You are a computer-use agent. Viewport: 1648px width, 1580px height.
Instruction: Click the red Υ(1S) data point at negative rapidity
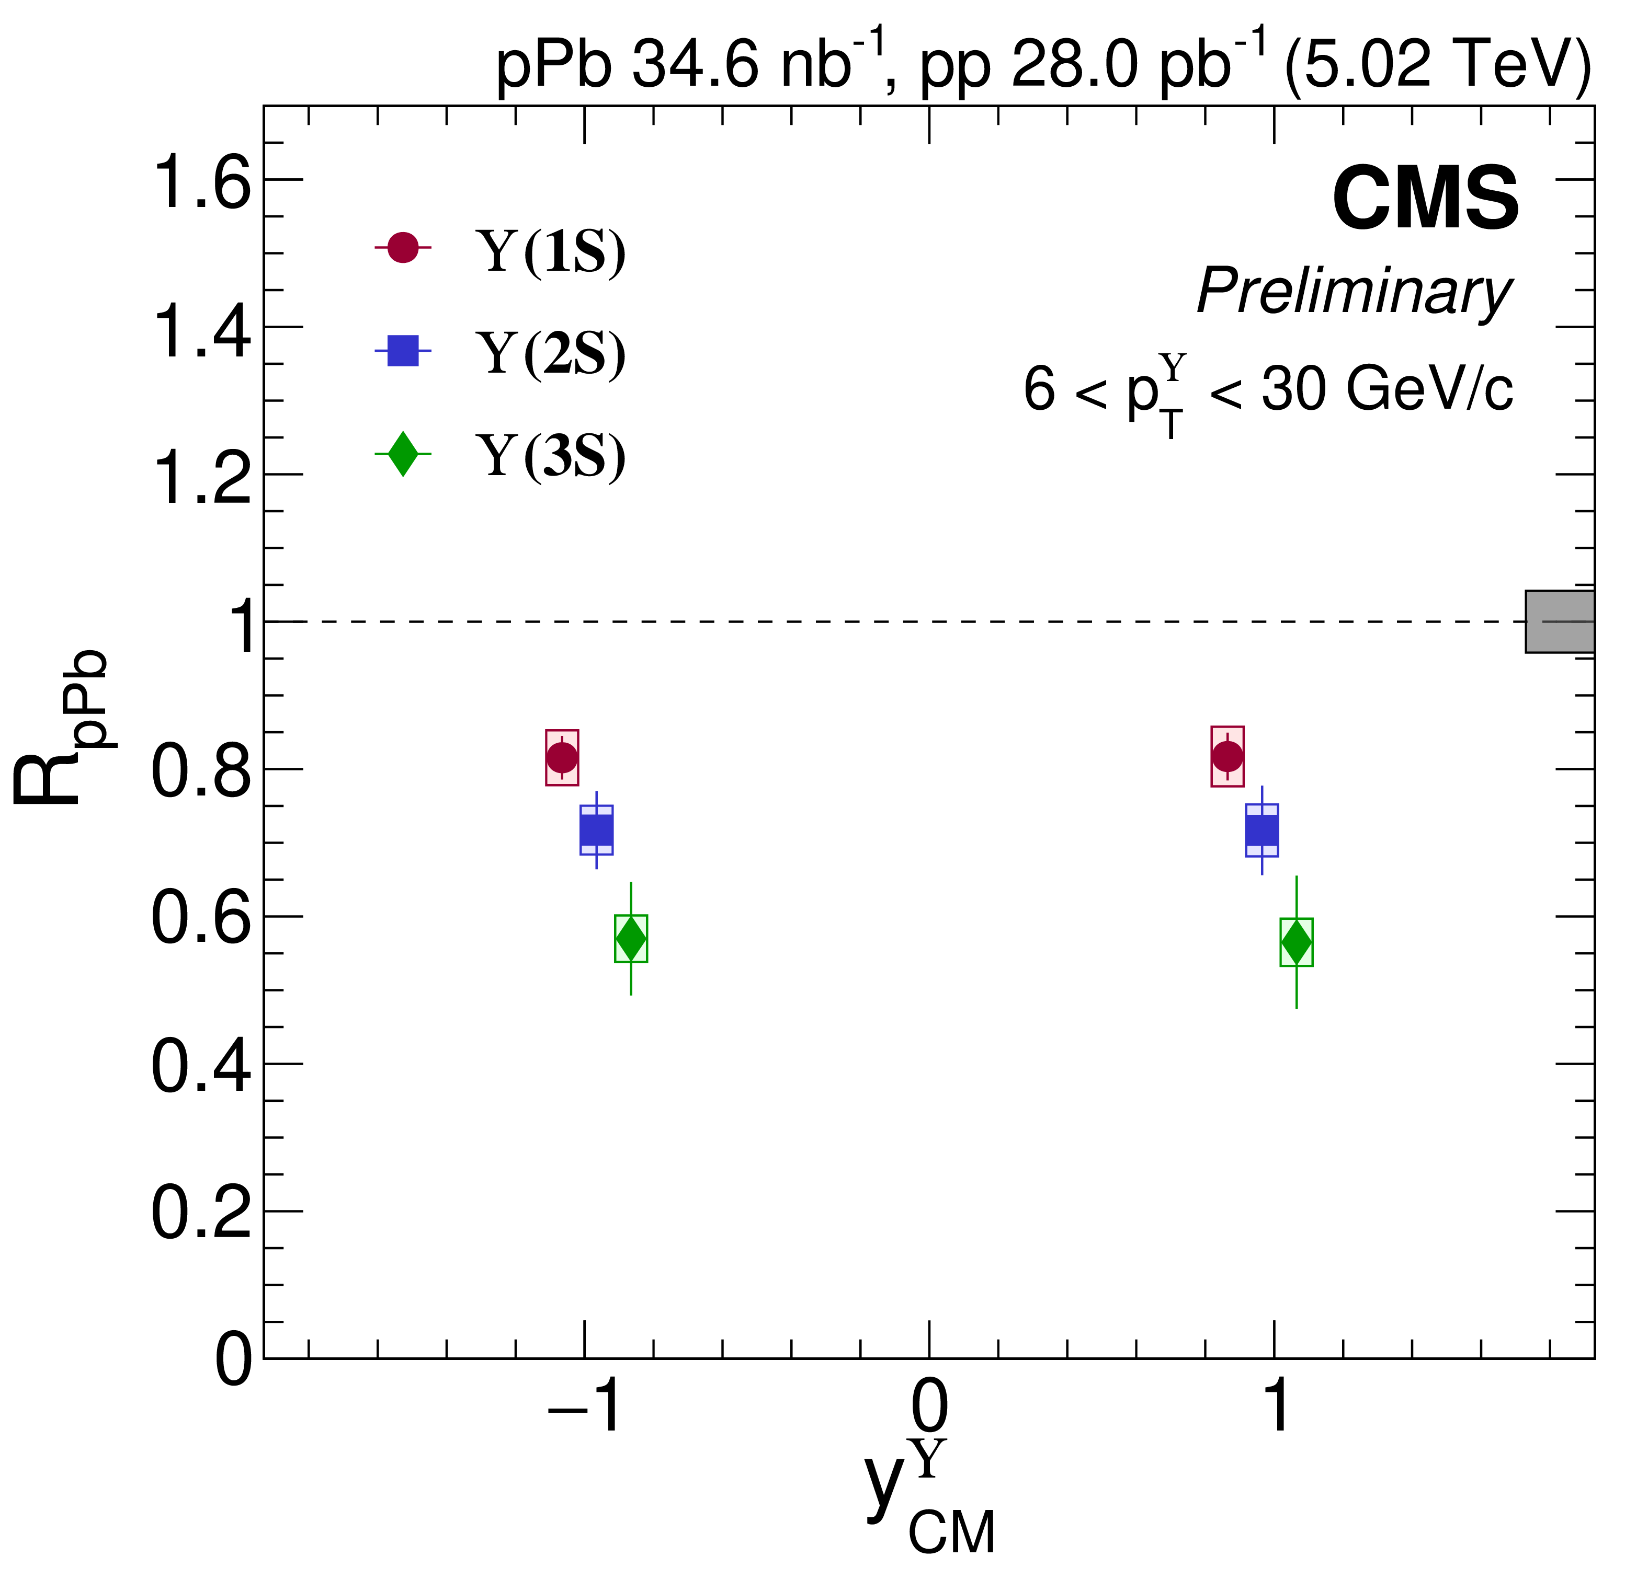pyautogui.click(x=562, y=757)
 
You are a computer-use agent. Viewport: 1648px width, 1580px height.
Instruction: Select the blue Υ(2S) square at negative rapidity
pyautogui.click(x=597, y=831)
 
